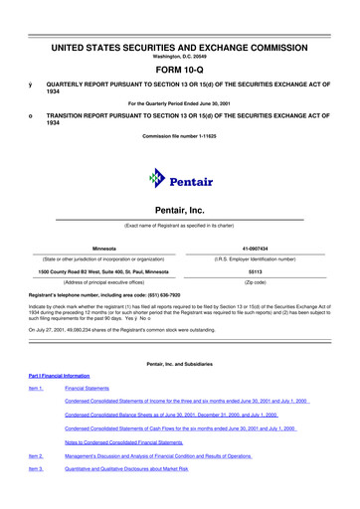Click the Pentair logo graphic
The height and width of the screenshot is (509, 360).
click(179, 180)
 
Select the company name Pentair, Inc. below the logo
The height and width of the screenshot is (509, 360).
click(179, 212)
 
